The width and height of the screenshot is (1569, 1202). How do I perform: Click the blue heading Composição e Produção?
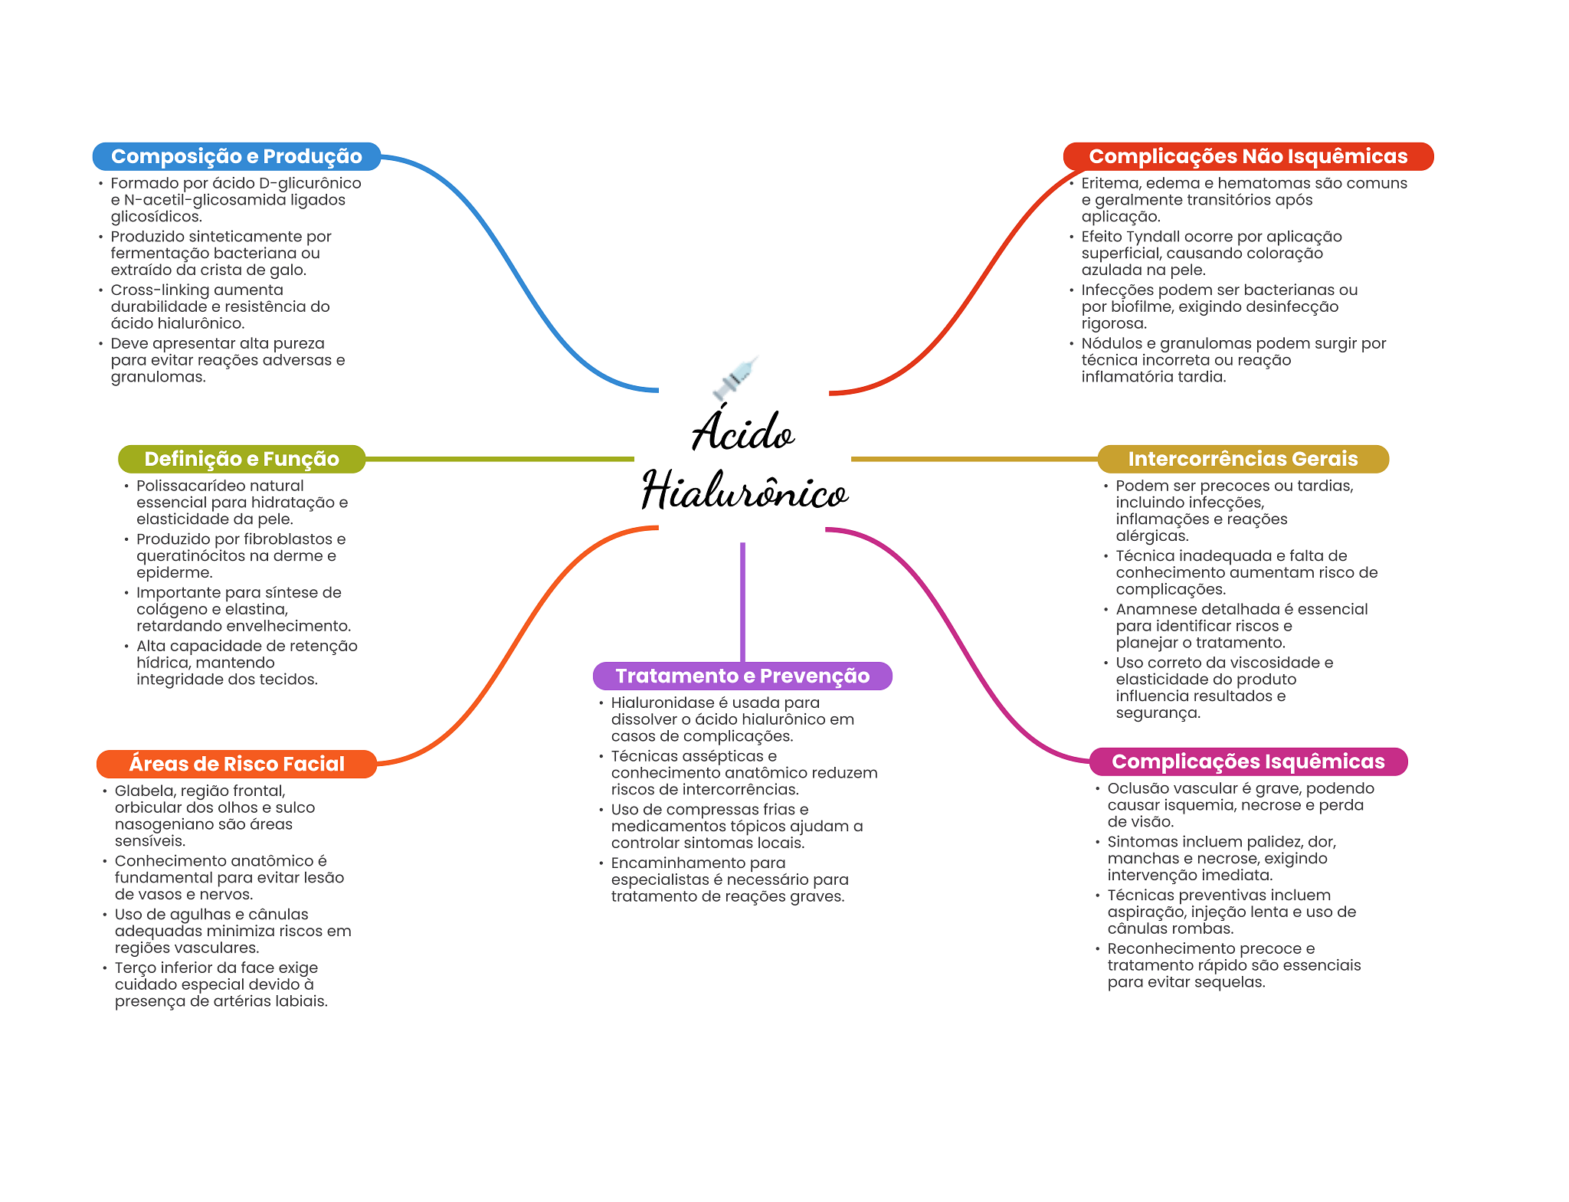tap(236, 156)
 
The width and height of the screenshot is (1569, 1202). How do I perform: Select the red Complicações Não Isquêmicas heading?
tap(1247, 156)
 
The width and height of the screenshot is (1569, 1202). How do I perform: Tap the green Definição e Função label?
tap(241, 459)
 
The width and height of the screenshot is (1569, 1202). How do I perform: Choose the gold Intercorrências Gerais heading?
tap(1243, 459)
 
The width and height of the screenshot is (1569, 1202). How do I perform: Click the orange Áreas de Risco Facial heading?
tap(237, 764)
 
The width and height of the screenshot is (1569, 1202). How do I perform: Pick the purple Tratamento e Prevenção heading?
tap(742, 676)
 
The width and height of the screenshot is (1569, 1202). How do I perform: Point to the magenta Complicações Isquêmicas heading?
tap(1248, 761)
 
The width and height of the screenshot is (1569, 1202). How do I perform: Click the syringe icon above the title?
tap(735, 378)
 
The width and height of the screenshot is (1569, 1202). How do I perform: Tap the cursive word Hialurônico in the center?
tap(745, 490)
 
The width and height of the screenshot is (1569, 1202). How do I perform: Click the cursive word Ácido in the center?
tap(743, 431)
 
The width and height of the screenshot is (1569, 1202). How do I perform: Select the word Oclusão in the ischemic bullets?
tap(1134, 788)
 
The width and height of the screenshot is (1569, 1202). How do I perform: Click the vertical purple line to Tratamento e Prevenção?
tap(742, 601)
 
